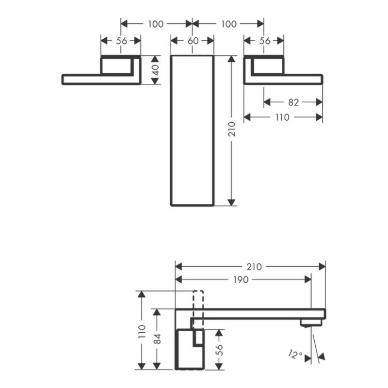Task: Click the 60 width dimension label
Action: [193, 41]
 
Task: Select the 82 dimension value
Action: [293, 102]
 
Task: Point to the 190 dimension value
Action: [241, 280]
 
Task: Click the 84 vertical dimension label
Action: [157, 339]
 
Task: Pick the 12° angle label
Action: [295, 355]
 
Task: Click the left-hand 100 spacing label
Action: [156, 24]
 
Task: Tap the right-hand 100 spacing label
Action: [228, 24]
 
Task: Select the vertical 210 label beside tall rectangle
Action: [232, 129]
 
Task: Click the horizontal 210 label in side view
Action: [254, 267]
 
